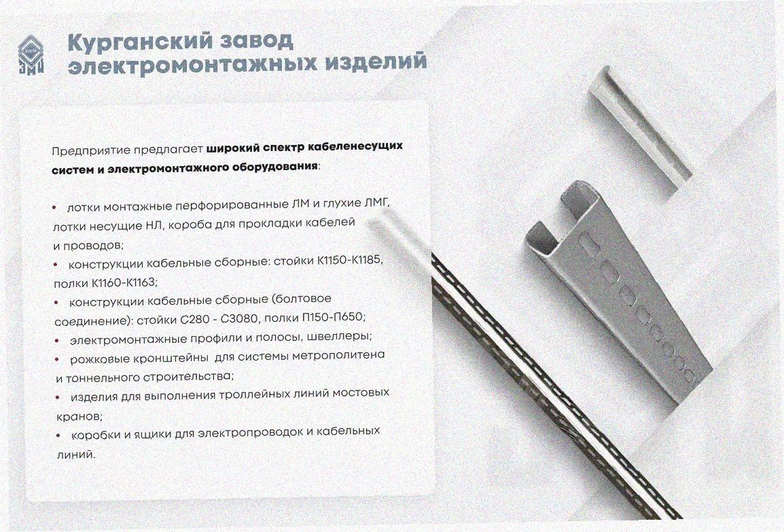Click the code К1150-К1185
click(x=349, y=261)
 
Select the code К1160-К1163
click(x=124, y=282)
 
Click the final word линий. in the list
click(x=75, y=454)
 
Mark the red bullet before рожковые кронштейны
click(x=58, y=359)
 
